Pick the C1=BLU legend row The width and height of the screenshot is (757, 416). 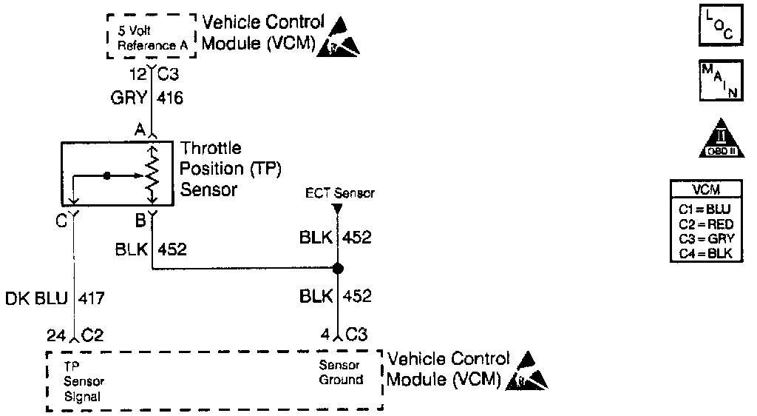coord(705,210)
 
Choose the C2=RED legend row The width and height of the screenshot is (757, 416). coord(705,224)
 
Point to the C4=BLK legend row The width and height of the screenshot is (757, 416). coord(705,254)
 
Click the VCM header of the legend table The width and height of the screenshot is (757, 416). coord(705,189)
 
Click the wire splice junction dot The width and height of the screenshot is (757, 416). coord(337,268)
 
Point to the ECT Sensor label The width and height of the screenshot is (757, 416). coord(340,193)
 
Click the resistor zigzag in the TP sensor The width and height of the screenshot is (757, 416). coord(152,176)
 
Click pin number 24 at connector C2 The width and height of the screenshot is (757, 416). coord(56,335)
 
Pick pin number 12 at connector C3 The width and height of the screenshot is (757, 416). coord(137,75)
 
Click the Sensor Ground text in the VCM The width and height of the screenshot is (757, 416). coord(340,372)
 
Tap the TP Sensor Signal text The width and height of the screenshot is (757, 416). coord(84,380)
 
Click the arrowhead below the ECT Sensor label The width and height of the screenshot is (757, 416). coord(337,209)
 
